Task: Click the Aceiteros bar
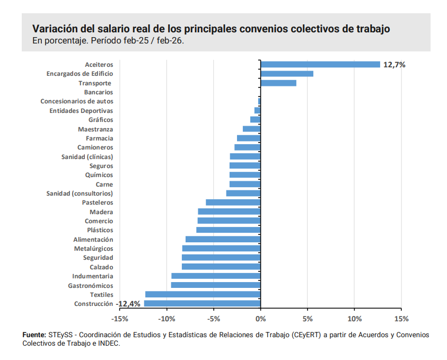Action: click(320, 65)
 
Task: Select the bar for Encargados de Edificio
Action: click(287, 74)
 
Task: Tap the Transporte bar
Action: click(278, 83)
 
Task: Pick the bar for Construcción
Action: click(203, 304)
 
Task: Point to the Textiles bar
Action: click(203, 294)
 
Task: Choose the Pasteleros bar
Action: click(233, 203)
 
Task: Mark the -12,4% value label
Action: click(129, 304)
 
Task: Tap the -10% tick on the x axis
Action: click(166, 319)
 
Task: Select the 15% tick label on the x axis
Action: click(401, 319)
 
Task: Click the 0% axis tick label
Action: click(260, 319)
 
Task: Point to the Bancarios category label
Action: click(99, 92)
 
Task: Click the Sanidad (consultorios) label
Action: click(80, 194)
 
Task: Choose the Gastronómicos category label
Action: click(90, 285)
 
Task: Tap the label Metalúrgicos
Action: click(93, 249)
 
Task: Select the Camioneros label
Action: click(95, 147)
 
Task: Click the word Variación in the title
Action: click(54, 29)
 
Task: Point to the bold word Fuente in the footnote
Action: click(34, 335)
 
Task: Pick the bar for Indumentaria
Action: click(216, 276)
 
